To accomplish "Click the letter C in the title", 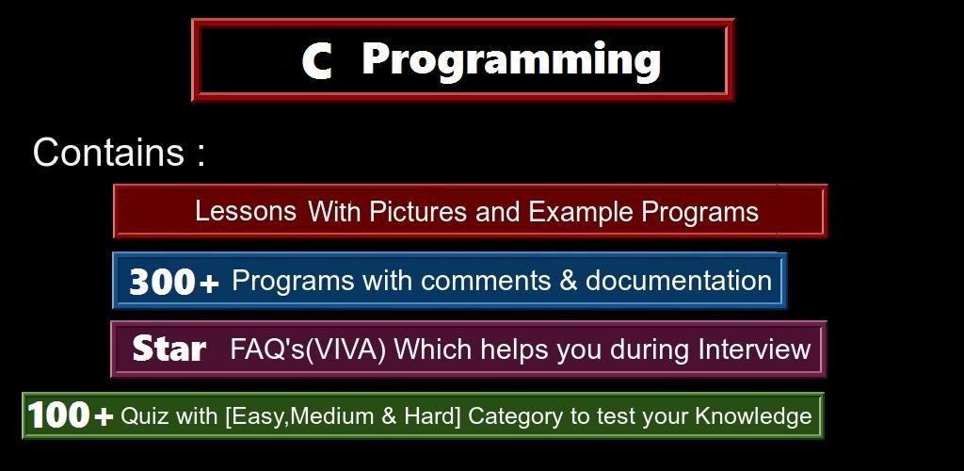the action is [317, 61].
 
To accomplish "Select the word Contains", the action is [108, 152].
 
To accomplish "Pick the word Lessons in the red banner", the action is [246, 212].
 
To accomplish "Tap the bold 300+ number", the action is [174, 282].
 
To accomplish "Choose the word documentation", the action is [678, 281].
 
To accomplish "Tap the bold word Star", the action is [169, 349].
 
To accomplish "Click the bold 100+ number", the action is [70, 415].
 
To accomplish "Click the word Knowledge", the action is [753, 416].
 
